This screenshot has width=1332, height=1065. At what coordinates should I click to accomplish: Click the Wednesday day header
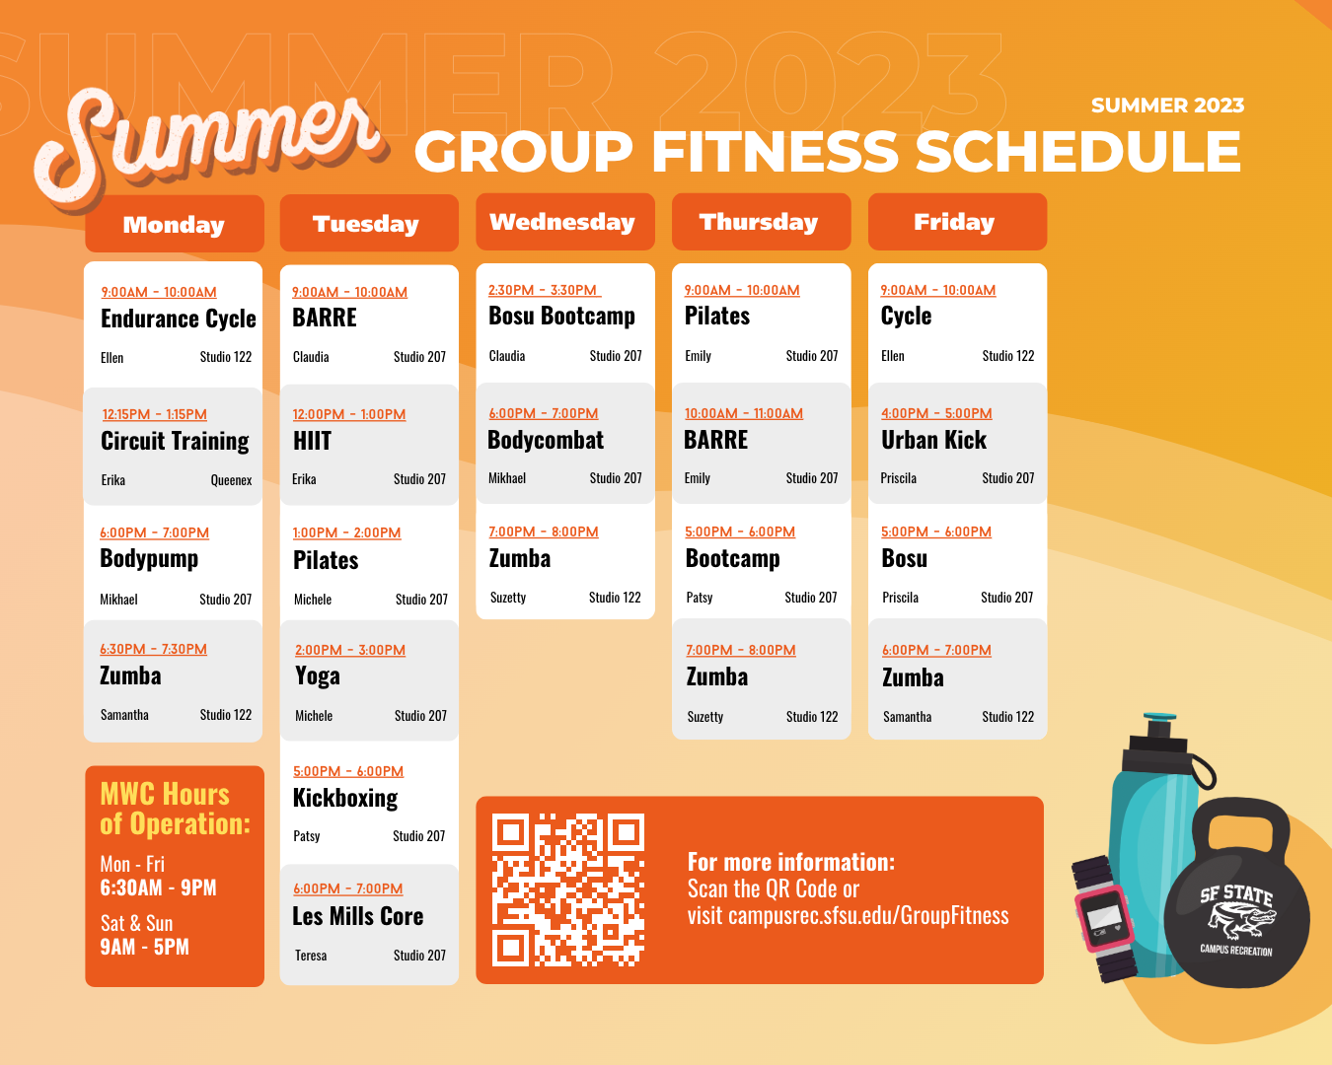click(563, 222)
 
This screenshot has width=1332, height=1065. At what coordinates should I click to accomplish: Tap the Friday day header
click(955, 222)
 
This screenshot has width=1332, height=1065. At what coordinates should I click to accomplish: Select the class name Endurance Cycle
click(179, 319)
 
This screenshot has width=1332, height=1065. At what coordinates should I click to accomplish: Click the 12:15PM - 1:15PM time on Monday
click(155, 414)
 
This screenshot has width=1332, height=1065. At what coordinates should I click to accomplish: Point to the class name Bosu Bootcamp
click(562, 316)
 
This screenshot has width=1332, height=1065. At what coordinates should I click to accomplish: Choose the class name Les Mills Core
click(358, 916)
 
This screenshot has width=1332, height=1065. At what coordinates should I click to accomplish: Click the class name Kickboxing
click(345, 798)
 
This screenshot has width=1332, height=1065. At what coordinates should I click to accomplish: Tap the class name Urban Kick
click(933, 440)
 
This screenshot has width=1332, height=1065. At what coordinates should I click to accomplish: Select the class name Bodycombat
click(546, 440)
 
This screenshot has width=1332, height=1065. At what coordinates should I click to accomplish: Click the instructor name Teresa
click(311, 956)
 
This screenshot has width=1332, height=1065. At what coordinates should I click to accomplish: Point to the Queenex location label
click(231, 480)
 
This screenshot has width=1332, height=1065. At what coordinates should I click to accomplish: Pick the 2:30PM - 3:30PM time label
click(544, 290)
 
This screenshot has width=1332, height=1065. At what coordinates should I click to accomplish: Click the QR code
click(568, 888)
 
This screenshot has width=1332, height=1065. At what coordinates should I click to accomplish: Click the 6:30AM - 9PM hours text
click(158, 887)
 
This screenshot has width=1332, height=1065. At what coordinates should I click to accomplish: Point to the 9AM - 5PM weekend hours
click(145, 947)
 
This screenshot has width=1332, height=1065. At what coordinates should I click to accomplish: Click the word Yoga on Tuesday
click(318, 676)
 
